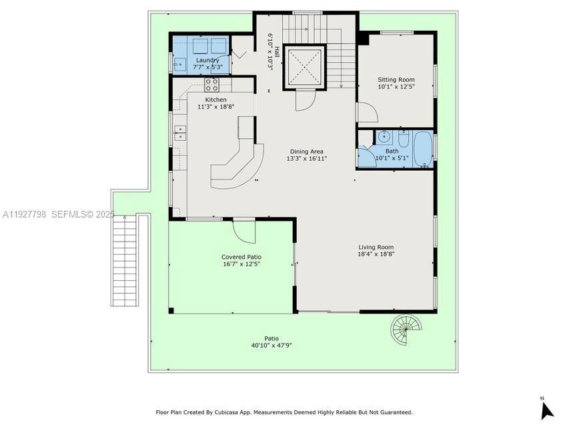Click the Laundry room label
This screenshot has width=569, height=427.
(207, 60)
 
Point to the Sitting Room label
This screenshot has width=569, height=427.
(396, 79)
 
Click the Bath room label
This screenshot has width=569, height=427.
(392, 151)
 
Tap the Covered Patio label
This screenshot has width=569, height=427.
(241, 257)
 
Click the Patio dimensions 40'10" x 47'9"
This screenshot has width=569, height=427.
(271, 345)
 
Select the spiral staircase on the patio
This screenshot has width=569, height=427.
(407, 328)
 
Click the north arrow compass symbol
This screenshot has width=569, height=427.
(546, 408)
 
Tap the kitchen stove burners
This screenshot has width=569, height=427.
(211, 85)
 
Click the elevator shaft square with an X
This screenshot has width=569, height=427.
(305, 66)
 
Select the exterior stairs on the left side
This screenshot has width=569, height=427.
(125, 260)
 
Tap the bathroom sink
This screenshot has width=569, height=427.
(384, 137)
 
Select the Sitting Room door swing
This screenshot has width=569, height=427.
(367, 112)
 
